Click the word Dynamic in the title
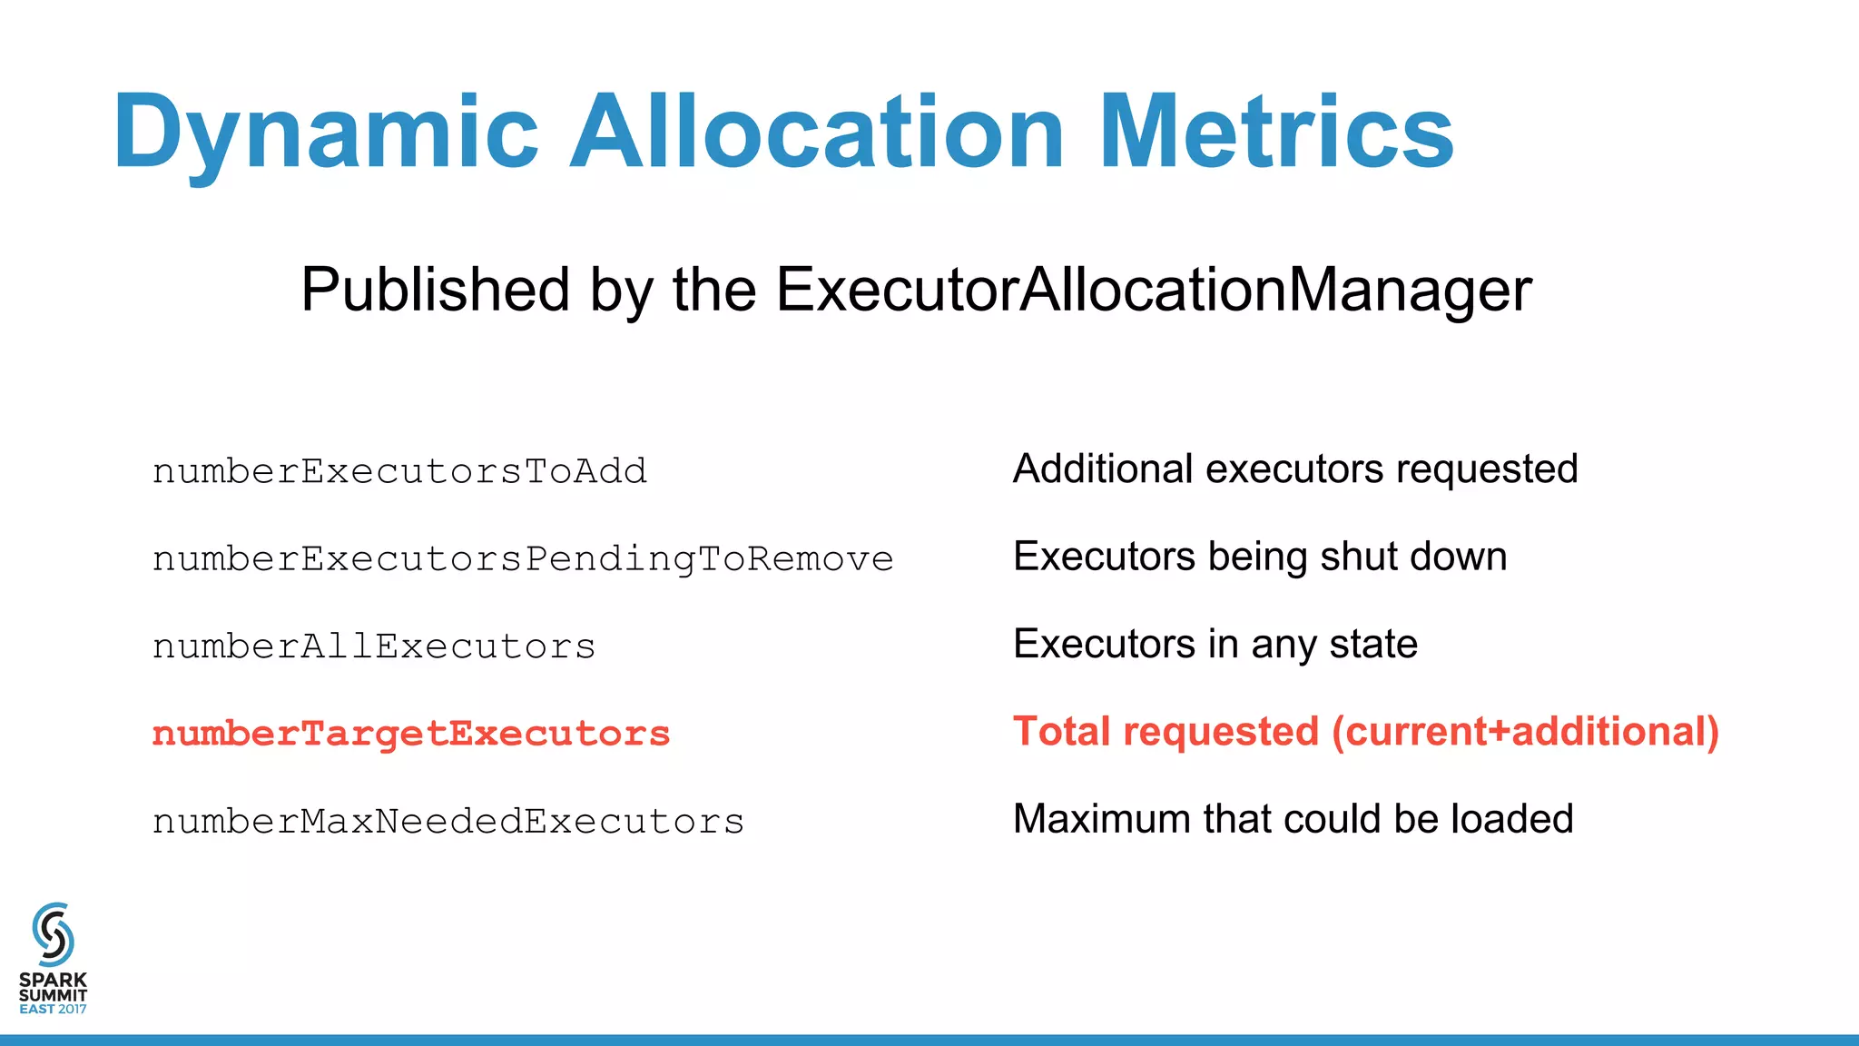326,133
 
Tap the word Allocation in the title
816,133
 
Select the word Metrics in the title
1276,133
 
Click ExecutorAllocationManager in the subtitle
1154,290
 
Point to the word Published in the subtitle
435,290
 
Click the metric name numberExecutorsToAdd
399,471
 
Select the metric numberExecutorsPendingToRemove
523,558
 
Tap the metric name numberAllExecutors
374,646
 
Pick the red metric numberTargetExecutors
411,734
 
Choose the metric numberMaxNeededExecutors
448,821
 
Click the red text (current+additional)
1525,732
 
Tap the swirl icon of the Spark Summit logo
53,934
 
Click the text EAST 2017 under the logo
53,1009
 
